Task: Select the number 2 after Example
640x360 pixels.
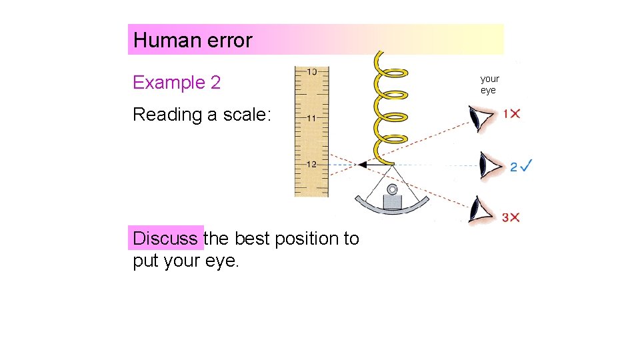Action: [x=215, y=83]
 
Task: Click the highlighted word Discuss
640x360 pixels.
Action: [x=165, y=238]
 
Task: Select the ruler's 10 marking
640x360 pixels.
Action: [x=311, y=71]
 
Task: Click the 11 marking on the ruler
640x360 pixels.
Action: [x=311, y=118]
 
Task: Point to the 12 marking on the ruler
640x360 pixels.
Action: [x=311, y=165]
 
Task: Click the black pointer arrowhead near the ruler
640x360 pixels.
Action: [x=363, y=164]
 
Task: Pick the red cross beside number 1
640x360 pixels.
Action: [x=515, y=114]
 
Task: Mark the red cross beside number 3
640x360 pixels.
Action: [x=515, y=217]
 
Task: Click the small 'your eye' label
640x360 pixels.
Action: [x=489, y=85]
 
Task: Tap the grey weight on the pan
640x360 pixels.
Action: [x=392, y=200]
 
